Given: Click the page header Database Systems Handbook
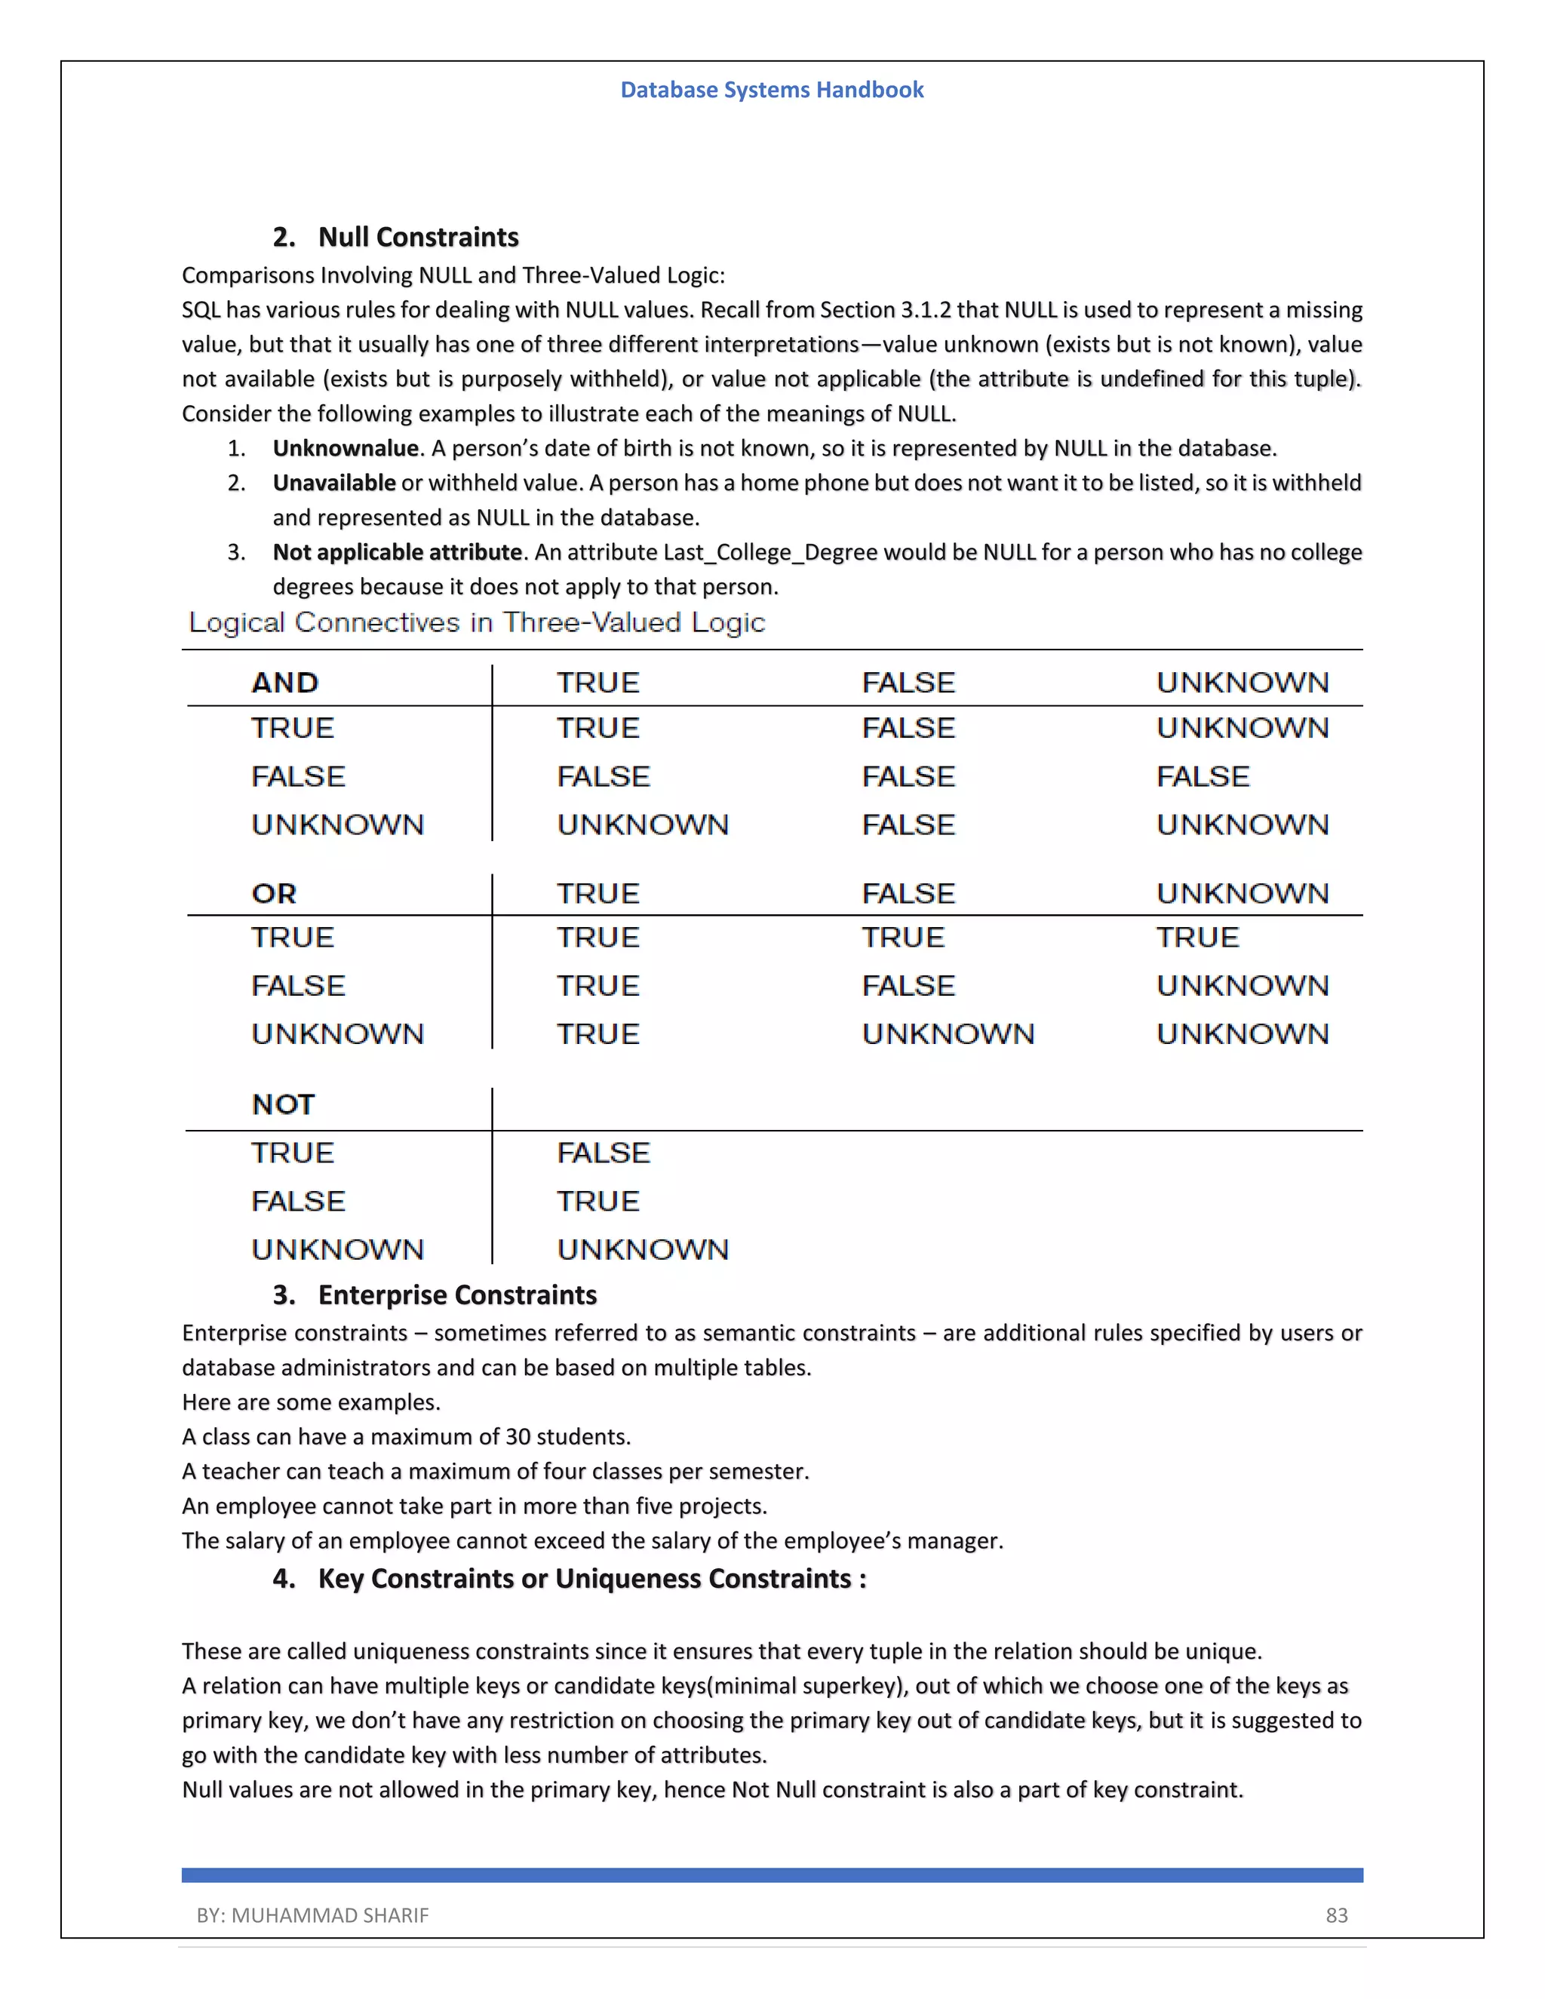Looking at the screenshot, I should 772,90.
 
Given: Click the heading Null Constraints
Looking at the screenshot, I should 417,237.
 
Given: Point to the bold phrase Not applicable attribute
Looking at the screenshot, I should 398,553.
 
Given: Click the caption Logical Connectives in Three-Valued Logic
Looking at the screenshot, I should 476,622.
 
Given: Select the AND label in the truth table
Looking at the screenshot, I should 284,683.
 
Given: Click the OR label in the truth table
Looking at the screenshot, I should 274,893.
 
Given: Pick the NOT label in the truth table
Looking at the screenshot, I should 283,1105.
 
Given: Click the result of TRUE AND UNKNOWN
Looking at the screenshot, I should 1242,729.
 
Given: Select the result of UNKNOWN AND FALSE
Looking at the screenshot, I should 908,824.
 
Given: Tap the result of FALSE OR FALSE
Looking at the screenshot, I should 908,986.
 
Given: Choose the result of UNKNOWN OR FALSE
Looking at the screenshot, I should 948,1034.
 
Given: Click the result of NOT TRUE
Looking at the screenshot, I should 604,1153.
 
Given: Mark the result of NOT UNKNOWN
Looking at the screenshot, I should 643,1249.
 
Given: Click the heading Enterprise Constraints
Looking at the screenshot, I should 456,1295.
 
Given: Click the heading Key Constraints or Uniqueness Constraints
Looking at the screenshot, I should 591,1579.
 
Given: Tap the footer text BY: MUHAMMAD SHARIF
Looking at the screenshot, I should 312,1916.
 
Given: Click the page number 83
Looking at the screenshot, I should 1336,1916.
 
